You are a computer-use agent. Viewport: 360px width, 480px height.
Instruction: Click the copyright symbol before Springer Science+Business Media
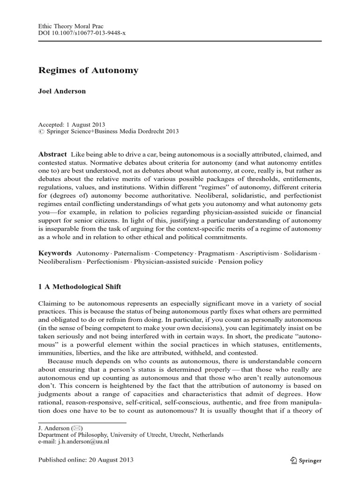click(40, 132)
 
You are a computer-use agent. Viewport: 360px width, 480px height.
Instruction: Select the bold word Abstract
click(52, 155)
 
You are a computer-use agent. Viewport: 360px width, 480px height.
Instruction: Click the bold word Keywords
click(55, 253)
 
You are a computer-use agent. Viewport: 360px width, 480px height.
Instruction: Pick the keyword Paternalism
click(135, 253)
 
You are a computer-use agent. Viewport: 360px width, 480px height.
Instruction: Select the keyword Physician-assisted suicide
click(173, 261)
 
